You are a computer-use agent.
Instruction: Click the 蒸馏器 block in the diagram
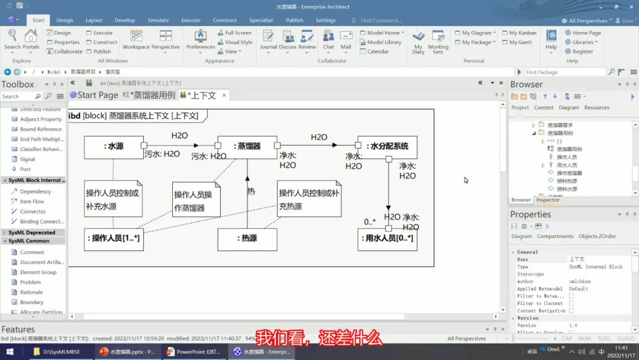[x=247, y=147]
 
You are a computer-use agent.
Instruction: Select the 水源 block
[x=114, y=147]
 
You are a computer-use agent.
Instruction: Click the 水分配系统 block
[x=387, y=147]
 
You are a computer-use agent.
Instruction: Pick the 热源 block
[x=247, y=239]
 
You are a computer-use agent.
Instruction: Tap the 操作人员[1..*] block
[x=114, y=239]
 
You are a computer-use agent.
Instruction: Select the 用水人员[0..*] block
[x=387, y=239]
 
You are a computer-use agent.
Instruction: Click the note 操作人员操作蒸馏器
[x=196, y=200]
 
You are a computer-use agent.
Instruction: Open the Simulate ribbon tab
[x=158, y=20]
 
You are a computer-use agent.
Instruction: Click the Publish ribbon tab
[x=294, y=20]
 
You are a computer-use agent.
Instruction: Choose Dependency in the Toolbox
[x=35, y=191]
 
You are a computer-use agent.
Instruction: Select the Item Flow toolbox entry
[x=32, y=201]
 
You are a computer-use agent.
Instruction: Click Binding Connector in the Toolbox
[x=41, y=221]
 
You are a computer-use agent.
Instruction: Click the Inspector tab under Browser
[x=548, y=200]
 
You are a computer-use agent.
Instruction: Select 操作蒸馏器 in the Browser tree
[x=569, y=173]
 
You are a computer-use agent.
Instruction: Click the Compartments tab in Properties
[x=555, y=236]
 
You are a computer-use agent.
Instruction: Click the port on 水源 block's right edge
[x=144, y=145]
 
